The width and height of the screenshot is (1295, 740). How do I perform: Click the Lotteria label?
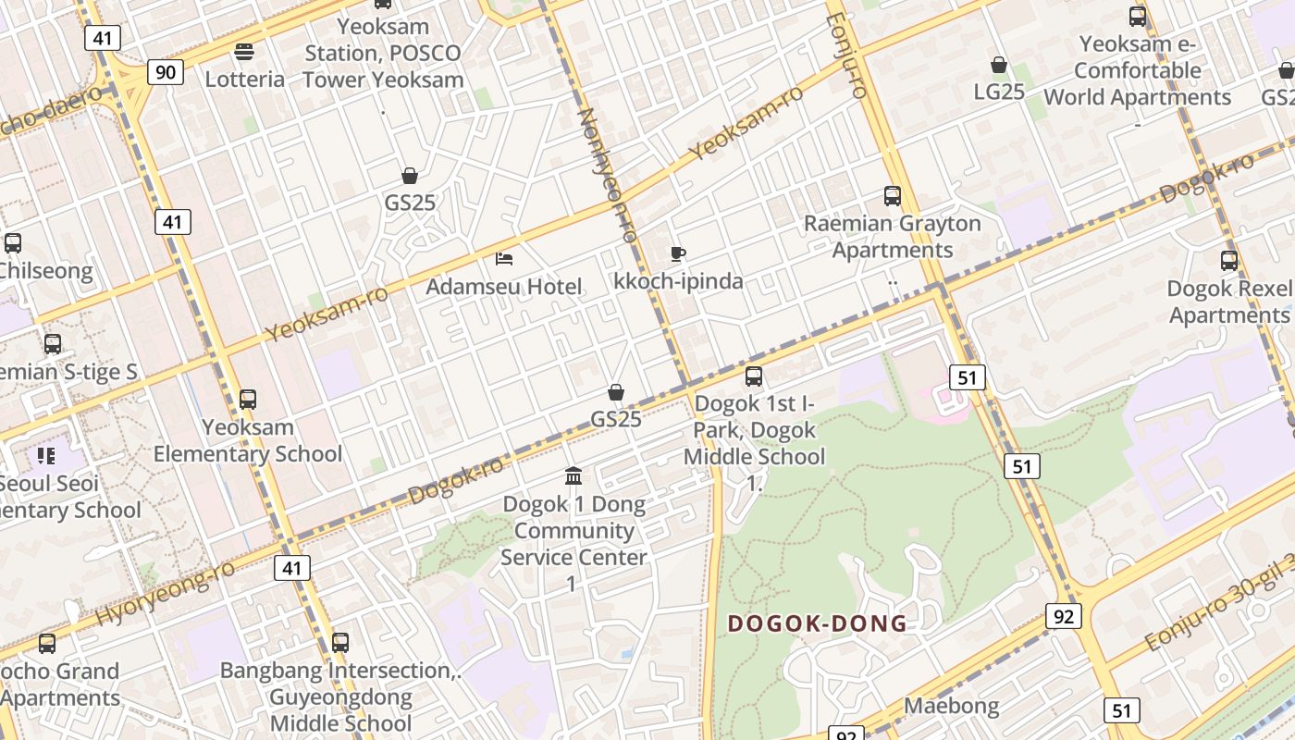click(245, 79)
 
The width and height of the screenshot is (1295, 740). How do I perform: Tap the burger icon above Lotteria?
click(244, 51)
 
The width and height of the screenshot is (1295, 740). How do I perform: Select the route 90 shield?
click(166, 72)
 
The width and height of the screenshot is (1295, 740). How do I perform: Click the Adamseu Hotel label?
click(504, 287)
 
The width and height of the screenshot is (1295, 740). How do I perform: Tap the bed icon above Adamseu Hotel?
click(504, 258)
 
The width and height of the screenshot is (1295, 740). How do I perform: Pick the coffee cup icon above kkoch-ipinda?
click(678, 253)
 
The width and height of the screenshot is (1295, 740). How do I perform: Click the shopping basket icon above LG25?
click(999, 65)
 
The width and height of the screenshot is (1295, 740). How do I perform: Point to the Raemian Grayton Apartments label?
click(892, 237)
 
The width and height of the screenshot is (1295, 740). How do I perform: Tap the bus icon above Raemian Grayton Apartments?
click(892, 196)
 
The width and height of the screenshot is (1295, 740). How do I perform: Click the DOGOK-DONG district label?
click(817, 623)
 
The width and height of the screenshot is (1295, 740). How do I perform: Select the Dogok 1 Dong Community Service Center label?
click(573, 544)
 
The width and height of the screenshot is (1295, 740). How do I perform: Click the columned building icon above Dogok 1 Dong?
click(573, 476)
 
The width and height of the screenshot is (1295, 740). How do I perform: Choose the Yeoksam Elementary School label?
click(248, 440)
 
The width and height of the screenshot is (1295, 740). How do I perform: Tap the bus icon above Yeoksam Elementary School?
click(248, 400)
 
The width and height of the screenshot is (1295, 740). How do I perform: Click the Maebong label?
click(951, 706)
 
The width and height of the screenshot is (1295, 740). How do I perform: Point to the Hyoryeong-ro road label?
click(166, 592)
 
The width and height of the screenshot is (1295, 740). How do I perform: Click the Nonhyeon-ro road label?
click(607, 176)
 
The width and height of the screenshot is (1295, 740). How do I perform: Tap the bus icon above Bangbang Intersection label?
click(340, 642)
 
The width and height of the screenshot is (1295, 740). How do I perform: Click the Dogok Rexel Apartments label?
click(1228, 302)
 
